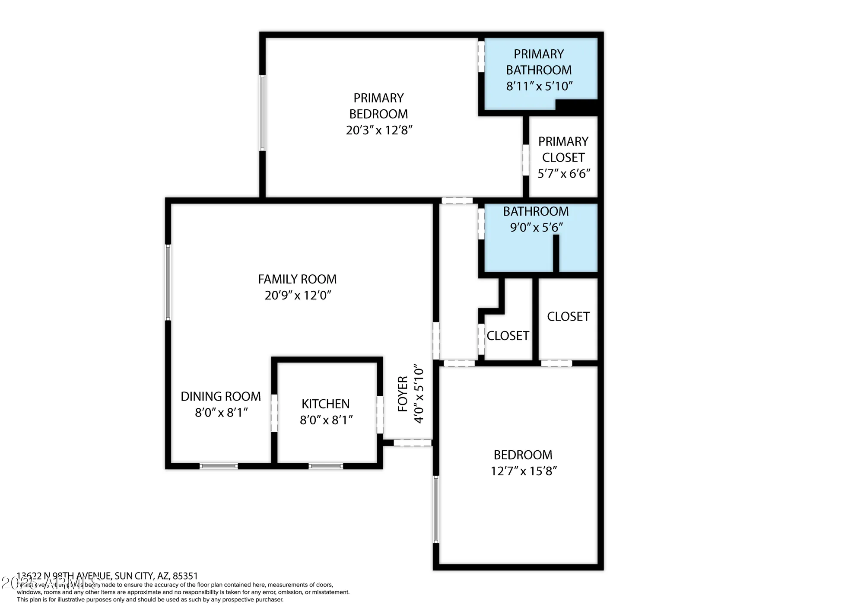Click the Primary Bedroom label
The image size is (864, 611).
coord(378,106)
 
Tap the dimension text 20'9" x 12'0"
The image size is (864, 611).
coord(298,296)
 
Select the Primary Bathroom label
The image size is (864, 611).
coord(539,62)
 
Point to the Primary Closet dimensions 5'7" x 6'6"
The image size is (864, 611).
coord(564,174)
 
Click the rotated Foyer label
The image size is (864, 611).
coord(403,394)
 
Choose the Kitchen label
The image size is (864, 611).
coord(326,404)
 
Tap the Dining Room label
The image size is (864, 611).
coord(221,397)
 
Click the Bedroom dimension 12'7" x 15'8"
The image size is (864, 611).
coord(524,471)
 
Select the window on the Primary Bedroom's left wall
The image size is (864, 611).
coord(262,113)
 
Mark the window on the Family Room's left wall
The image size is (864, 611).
coord(168,283)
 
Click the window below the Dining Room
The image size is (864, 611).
coord(219,466)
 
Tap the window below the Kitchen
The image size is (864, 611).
coord(326,466)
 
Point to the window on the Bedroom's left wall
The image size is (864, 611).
coord(436,509)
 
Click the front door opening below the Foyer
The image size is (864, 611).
coord(413,442)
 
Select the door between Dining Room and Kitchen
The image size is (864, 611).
coord(274,413)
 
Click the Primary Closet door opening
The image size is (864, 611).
coord(526,160)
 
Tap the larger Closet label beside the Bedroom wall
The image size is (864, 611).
coord(568,317)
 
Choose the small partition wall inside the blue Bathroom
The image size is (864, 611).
coord(556,253)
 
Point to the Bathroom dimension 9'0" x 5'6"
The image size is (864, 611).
coord(536,228)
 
